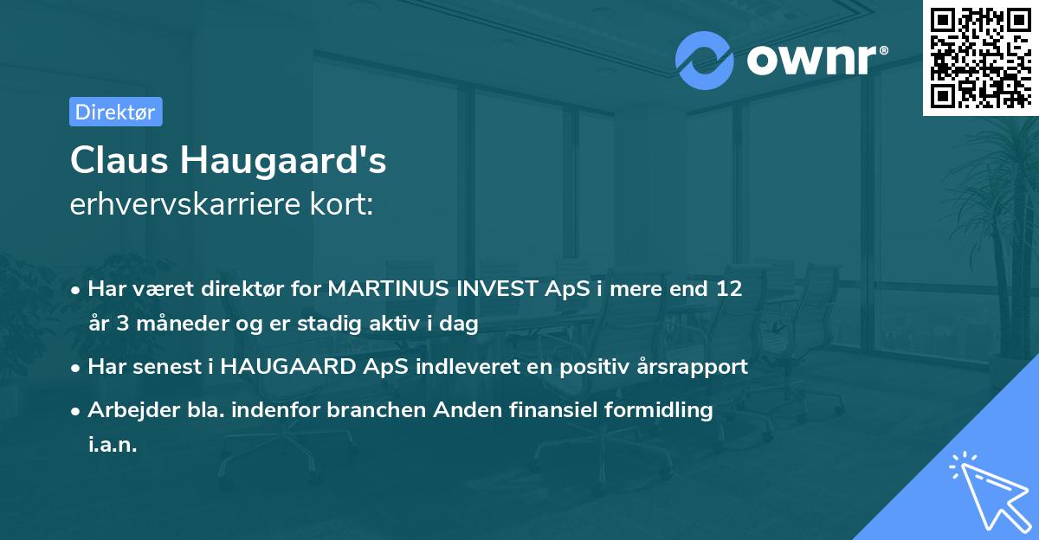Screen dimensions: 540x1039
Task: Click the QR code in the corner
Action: pyautogui.click(x=980, y=58)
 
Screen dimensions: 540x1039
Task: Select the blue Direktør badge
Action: pyautogui.click(x=115, y=112)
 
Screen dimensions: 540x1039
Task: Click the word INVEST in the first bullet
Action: pyautogui.click(x=497, y=288)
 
